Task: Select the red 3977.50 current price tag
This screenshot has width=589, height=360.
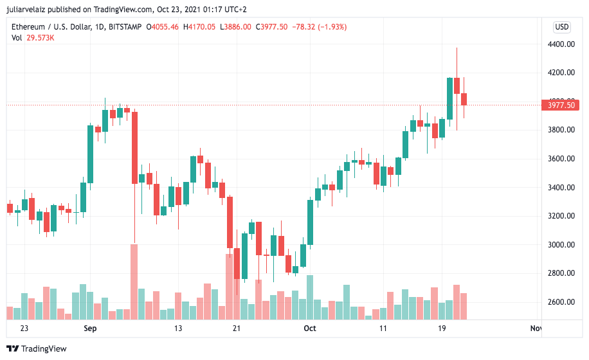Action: click(x=561, y=105)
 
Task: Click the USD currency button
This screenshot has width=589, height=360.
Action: click(x=561, y=27)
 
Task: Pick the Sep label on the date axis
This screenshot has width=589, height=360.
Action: click(x=90, y=328)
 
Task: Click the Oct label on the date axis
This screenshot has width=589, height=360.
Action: click(x=310, y=328)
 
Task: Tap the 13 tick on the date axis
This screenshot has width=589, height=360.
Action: click(x=178, y=328)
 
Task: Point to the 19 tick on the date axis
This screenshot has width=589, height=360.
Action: click(x=442, y=328)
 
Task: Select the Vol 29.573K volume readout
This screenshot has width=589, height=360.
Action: click(x=33, y=38)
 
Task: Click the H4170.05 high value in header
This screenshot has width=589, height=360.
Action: click(x=201, y=27)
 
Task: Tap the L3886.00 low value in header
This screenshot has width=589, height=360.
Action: click(x=235, y=27)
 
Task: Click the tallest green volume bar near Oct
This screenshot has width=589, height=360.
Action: click(x=310, y=297)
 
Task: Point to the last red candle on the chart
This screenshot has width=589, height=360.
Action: click(x=464, y=99)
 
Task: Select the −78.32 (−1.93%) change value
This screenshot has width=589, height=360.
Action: click(x=320, y=27)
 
